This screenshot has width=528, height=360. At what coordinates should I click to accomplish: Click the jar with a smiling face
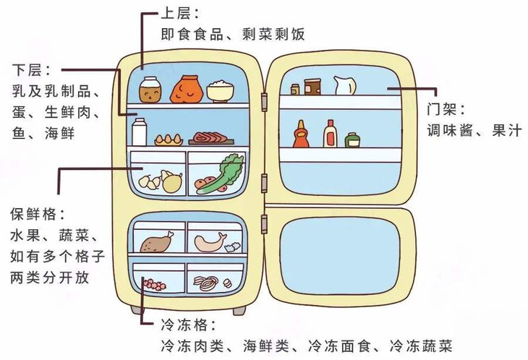pyautogui.click(x=150, y=90)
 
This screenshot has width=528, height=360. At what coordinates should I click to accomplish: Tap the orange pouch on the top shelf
pyautogui.click(x=185, y=89)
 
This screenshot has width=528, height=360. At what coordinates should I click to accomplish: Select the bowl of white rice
pyautogui.click(x=220, y=91)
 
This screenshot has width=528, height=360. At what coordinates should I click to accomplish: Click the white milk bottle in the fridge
pyautogui.click(x=140, y=132)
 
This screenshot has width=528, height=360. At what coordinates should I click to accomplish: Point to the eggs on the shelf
pyautogui.click(x=167, y=137)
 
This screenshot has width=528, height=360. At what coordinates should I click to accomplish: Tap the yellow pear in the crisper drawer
pyautogui.click(x=171, y=181)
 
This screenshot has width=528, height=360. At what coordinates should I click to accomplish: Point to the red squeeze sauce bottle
pyautogui.click(x=301, y=134)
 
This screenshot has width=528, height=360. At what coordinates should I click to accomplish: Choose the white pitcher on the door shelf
pyautogui.click(x=344, y=86)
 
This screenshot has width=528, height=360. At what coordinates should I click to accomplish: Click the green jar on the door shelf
pyautogui.click(x=352, y=140)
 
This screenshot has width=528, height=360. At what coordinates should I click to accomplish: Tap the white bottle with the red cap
pyautogui.click(x=330, y=134)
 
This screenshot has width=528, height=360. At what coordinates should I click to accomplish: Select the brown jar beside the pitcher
pyautogui.click(x=312, y=87)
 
